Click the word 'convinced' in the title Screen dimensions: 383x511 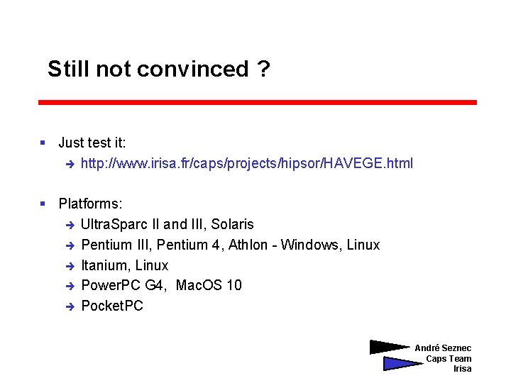192,70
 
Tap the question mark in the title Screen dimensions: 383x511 264,70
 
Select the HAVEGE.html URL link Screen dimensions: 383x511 246,164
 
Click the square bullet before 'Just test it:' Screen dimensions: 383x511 43,143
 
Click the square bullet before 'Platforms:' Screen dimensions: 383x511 43,204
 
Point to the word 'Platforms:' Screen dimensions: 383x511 90,204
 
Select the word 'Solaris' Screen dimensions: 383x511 232,225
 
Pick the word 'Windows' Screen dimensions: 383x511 310,245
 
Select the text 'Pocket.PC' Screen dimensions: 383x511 112,306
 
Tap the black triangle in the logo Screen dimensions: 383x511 388,348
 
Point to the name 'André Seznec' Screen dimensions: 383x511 443,348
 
